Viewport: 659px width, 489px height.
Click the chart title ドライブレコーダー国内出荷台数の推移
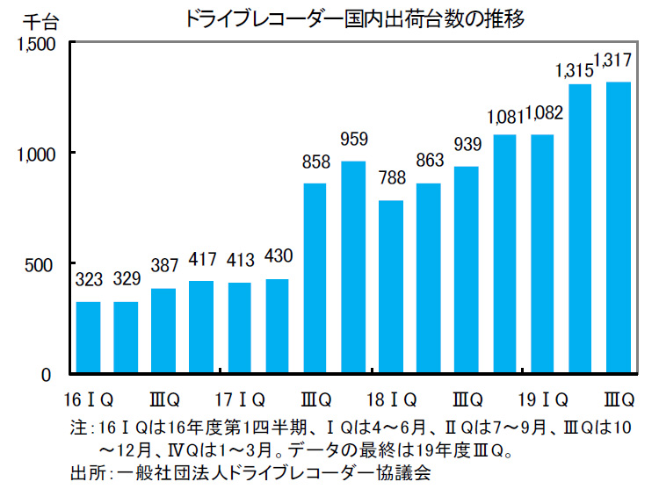click(354, 18)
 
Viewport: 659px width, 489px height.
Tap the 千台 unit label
click(35, 20)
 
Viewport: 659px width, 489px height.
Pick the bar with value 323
click(88, 338)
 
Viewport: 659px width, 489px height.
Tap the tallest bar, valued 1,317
click(619, 228)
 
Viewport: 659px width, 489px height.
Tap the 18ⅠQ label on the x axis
click(391, 401)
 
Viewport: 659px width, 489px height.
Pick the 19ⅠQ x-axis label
click(542, 401)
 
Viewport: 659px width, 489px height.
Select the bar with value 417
click(202, 327)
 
